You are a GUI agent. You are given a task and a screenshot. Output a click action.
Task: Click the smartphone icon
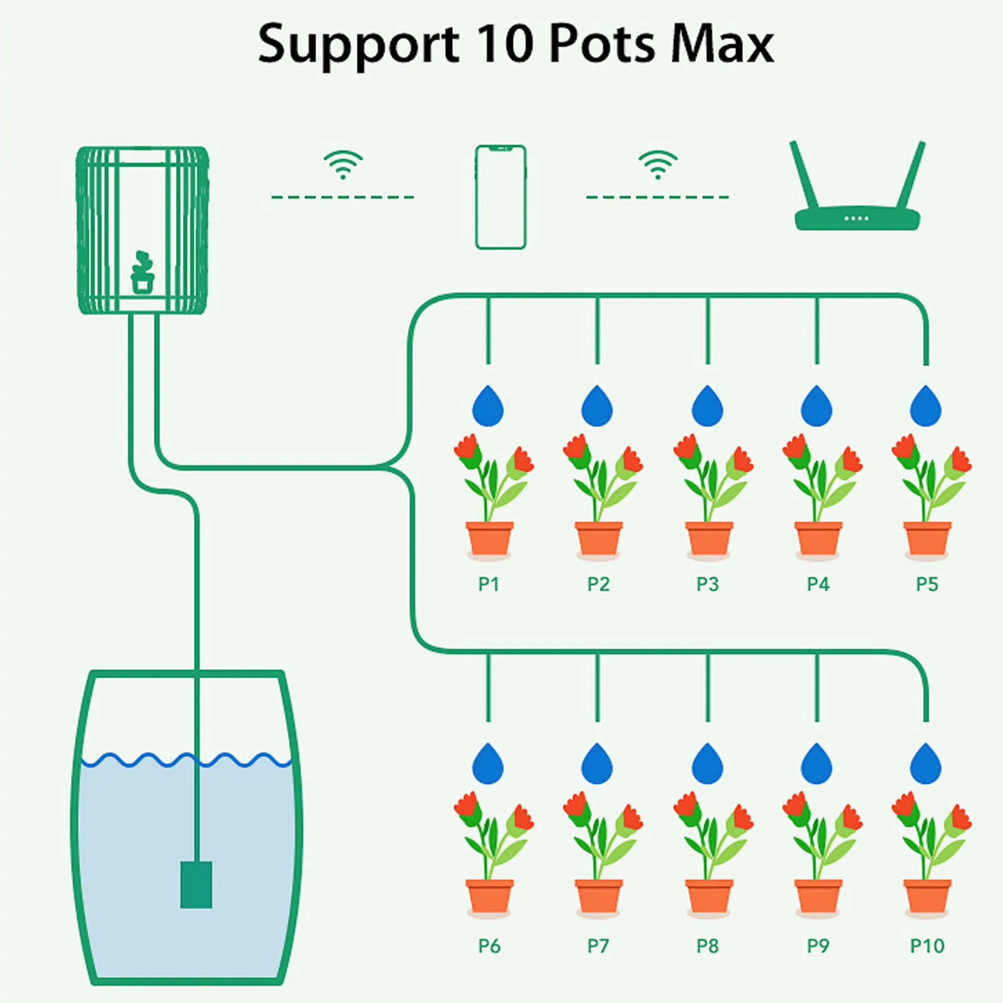[x=500, y=197]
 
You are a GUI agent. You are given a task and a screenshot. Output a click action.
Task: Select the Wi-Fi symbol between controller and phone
[x=343, y=165]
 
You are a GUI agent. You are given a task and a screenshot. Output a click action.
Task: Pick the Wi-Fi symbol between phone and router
[x=658, y=165]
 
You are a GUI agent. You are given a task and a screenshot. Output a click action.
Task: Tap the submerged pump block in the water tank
[x=196, y=885]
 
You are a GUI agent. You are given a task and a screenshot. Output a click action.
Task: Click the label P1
[x=489, y=585]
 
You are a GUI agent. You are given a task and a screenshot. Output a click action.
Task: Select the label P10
[x=927, y=945]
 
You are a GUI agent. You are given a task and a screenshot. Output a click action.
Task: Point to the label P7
[x=598, y=945]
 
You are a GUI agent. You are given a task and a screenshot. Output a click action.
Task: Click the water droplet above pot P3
[x=707, y=407]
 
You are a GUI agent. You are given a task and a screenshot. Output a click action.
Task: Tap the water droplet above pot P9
[x=817, y=765]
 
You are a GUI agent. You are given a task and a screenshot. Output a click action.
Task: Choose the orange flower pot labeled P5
[x=927, y=539]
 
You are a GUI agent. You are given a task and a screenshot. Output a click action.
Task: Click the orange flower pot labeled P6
[x=489, y=896]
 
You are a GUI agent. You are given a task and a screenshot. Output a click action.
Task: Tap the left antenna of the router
[x=804, y=175]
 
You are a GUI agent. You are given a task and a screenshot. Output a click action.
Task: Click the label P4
[x=818, y=585]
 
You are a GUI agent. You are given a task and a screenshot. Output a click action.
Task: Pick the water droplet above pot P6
[x=488, y=765]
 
